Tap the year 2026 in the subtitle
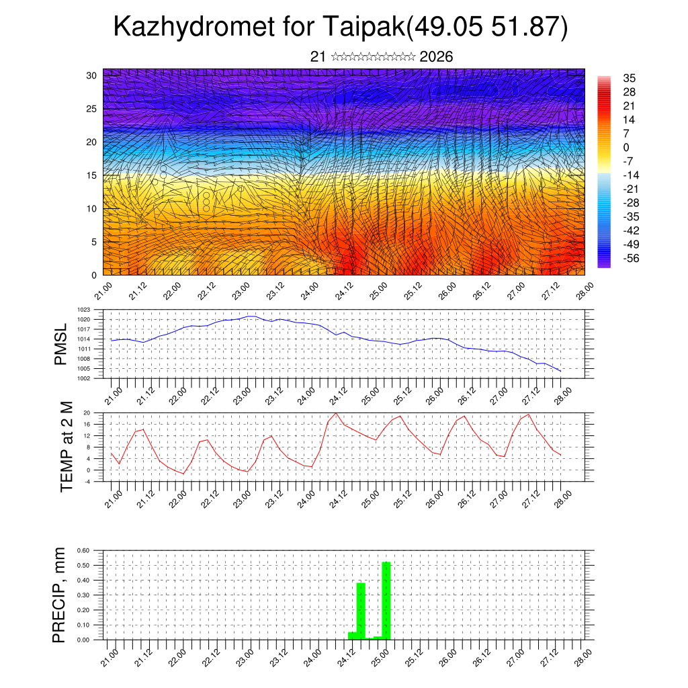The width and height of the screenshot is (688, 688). (436, 57)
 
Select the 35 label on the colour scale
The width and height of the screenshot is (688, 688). (630, 78)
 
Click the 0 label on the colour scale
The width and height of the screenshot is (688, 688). (626, 147)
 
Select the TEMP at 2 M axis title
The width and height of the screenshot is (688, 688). (66, 447)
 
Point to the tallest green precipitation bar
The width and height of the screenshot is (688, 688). (386, 600)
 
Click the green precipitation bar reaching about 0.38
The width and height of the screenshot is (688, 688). (361, 611)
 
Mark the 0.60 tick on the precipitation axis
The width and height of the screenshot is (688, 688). (83, 550)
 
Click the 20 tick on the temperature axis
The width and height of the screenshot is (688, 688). (87, 413)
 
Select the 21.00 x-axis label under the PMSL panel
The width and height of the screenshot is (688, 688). (114, 391)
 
